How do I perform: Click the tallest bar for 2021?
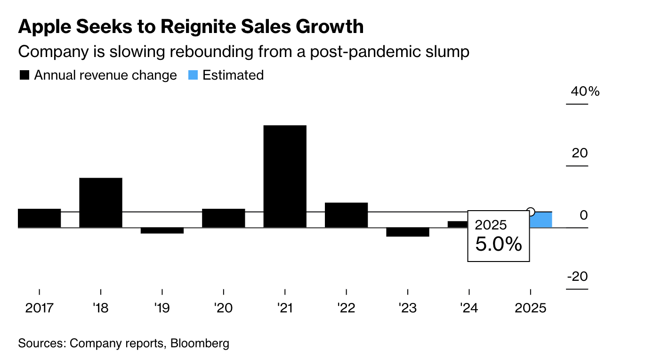[x=285, y=176]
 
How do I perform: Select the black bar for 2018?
[x=101, y=203]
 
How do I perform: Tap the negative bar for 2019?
[x=162, y=230]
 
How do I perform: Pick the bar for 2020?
[x=223, y=218]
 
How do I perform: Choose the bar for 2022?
[x=346, y=215]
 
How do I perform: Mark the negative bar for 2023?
[x=407, y=232]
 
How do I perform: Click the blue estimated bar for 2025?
[x=541, y=220]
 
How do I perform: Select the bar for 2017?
[x=39, y=218]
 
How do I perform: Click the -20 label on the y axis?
[x=577, y=276]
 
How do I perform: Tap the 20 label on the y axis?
[x=580, y=153]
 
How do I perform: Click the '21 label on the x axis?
[x=285, y=309]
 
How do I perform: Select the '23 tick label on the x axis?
[x=407, y=309]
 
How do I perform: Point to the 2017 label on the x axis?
[x=40, y=309]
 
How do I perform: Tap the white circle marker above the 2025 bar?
[x=531, y=212]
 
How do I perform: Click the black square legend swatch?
[x=24, y=75]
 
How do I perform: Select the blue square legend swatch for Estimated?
[x=193, y=75]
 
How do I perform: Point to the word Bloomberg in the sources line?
[x=200, y=343]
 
